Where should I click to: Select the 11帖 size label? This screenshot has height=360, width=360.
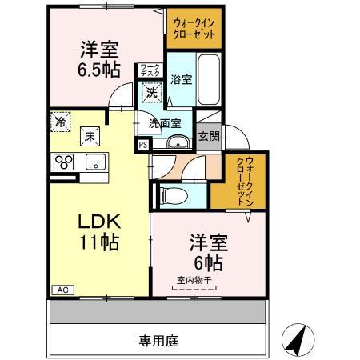tap(98, 242)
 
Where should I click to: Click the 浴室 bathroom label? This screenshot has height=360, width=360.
tap(181, 79)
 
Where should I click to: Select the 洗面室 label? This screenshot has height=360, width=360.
tap(164, 124)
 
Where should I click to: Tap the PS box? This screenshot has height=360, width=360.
tap(142, 145)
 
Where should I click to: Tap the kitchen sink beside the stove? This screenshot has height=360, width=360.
tap(96, 162)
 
